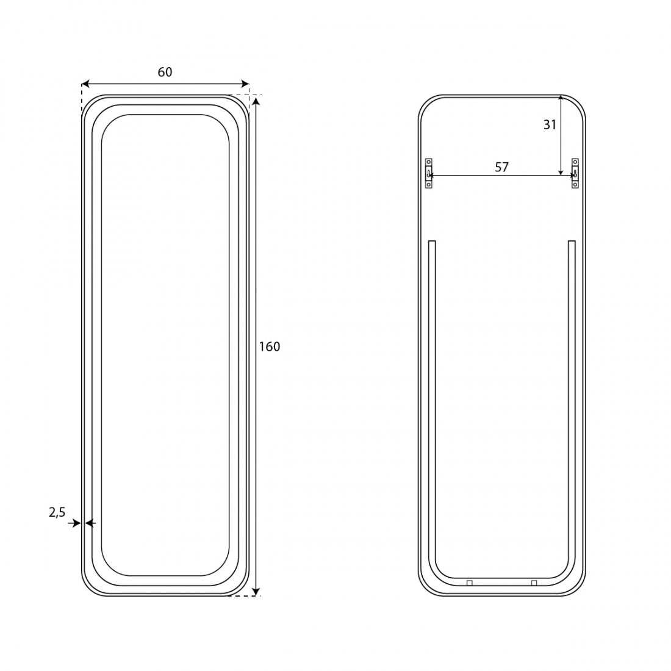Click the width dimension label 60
tap(165, 72)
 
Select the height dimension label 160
tap(269, 346)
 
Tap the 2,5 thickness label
tap(57, 512)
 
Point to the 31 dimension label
tap(550, 124)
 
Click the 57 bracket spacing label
tap(501, 167)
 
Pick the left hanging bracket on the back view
tap(428, 173)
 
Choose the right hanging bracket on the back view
tap(575, 173)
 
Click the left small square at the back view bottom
tap(470, 583)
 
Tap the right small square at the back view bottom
tap(534, 583)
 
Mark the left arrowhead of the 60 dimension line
tap(85, 84)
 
